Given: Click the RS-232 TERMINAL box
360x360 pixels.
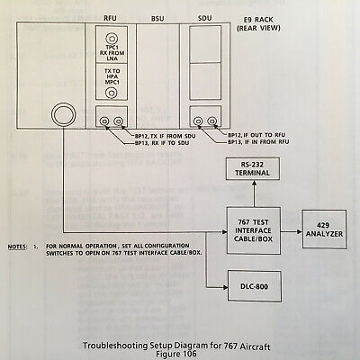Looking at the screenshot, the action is (x=253, y=168).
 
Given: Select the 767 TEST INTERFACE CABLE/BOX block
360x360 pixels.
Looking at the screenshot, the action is (x=254, y=230).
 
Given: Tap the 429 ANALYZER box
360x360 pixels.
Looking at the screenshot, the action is (x=324, y=229).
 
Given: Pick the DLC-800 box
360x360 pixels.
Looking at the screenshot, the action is (x=255, y=286).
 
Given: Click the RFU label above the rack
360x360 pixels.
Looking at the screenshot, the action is (x=110, y=18).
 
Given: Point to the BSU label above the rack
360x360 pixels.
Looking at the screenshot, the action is (x=157, y=19).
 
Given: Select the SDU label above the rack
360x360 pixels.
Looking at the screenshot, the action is (x=205, y=18).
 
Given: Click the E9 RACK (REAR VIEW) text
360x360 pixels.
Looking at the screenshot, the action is (x=258, y=24).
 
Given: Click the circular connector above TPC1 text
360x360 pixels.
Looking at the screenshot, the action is (x=112, y=39).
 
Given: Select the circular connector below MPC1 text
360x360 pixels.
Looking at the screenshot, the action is (x=112, y=92).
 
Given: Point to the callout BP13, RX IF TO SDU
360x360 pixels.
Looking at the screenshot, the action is (x=162, y=143).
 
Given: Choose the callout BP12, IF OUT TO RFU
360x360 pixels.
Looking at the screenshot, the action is (x=256, y=135).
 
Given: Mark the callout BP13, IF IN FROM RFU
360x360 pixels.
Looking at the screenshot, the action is (x=258, y=142).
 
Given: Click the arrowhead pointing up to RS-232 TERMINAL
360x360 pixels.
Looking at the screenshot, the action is (x=254, y=183).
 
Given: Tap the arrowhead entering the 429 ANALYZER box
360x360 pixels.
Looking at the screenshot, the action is (x=300, y=231).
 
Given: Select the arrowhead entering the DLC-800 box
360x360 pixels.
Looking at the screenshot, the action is (x=225, y=287).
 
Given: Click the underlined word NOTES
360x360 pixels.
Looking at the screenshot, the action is (x=17, y=247).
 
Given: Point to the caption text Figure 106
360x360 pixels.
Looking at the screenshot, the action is (x=176, y=354).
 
